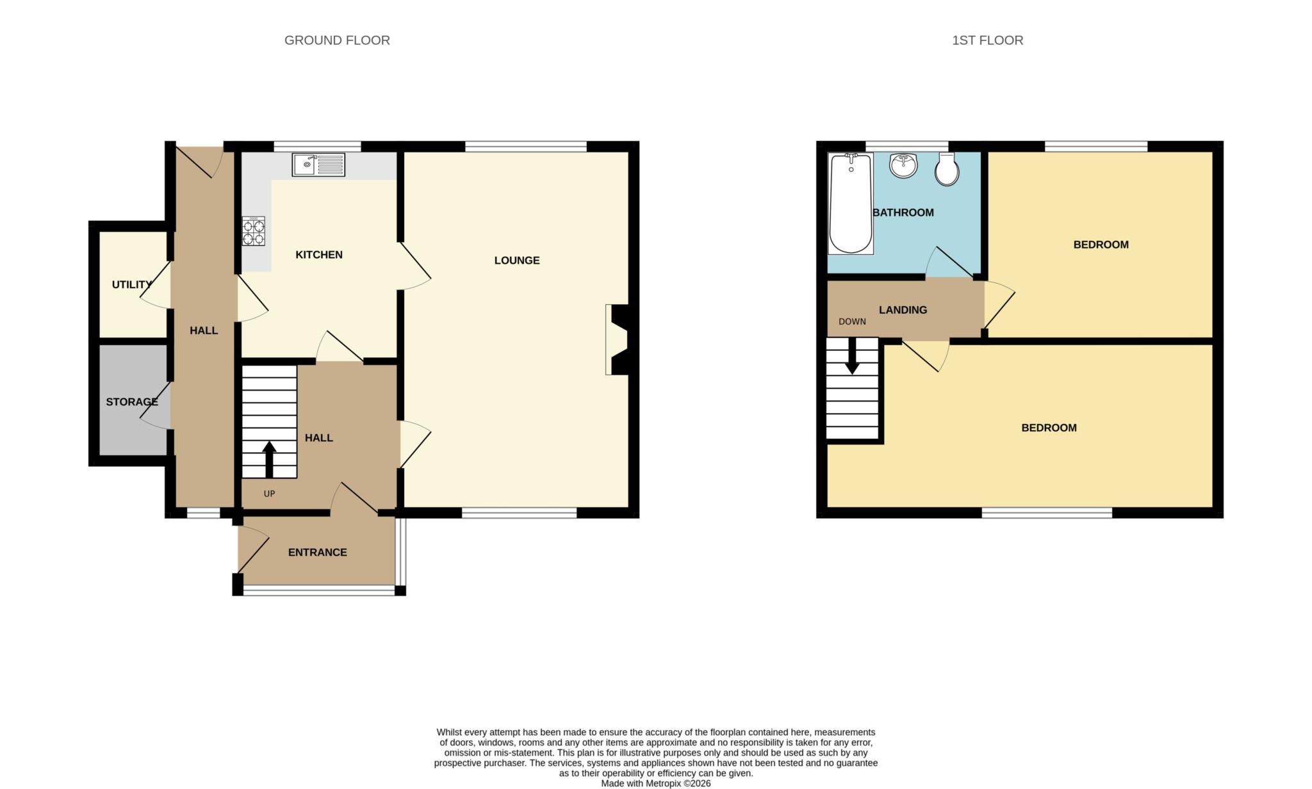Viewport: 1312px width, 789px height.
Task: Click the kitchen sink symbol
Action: point(318,165)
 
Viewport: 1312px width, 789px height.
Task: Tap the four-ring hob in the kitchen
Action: point(253,231)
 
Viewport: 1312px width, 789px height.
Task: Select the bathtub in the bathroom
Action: point(850,204)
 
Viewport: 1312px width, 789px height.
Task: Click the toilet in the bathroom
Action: point(947,169)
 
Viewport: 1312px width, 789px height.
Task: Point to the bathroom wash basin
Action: point(903,166)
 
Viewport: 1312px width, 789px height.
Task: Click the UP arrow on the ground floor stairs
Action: point(269,459)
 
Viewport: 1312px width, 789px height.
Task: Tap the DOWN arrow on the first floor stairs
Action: point(852,356)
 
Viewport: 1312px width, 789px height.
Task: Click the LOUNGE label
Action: point(516,260)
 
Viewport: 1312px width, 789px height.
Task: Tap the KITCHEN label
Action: point(318,255)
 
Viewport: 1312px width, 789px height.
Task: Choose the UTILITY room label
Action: point(132,284)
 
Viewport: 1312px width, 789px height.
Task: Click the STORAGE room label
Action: point(131,402)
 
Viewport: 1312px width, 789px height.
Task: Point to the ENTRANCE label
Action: point(317,552)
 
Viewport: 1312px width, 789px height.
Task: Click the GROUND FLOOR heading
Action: point(337,40)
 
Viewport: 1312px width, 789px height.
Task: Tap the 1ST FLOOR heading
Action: point(987,40)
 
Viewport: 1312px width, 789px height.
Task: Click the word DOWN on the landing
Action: point(852,321)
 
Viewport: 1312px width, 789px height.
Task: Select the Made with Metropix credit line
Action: point(655,783)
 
